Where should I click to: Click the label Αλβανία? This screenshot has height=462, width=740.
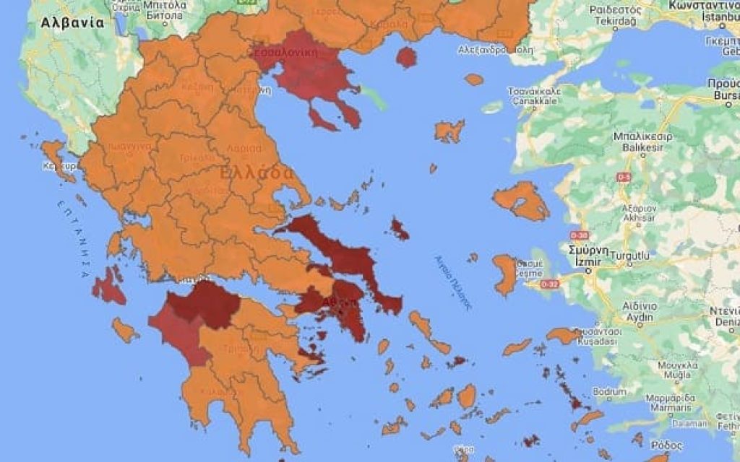(72, 22)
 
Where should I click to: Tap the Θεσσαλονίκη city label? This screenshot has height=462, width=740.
(288, 52)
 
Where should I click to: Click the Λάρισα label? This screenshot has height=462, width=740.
(244, 148)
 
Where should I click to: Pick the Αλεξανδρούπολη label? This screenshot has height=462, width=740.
(496, 51)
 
